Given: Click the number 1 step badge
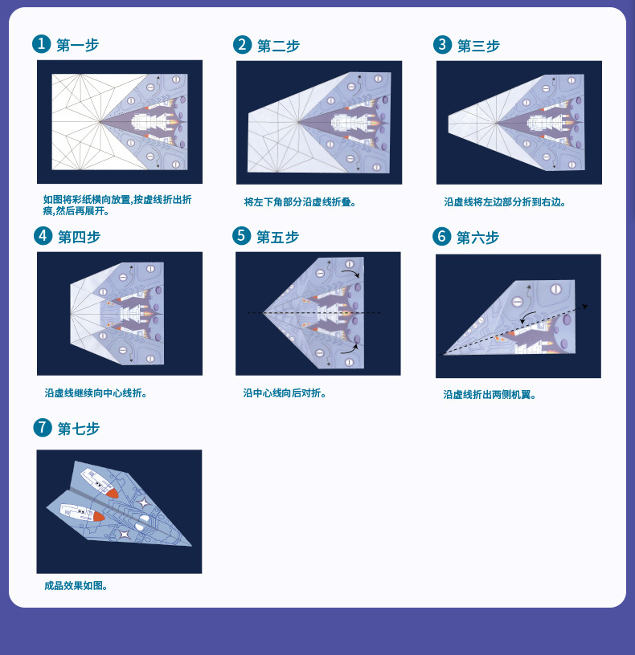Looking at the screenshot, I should click(42, 44).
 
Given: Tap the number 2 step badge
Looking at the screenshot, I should click(242, 45).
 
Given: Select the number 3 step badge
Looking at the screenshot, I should click(442, 45).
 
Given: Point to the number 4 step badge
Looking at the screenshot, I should click(43, 235).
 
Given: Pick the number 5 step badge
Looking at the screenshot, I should click(242, 235).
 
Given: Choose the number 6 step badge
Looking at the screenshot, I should click(442, 236).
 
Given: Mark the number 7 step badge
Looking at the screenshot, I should click(43, 428).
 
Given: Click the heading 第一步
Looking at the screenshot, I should click(78, 45).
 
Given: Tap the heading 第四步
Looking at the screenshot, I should click(79, 237).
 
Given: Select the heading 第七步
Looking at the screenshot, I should click(79, 429).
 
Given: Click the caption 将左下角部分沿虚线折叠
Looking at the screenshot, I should click(300, 202).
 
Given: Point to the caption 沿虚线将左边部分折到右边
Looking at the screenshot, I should click(505, 202).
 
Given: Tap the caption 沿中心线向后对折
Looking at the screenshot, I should click(285, 393).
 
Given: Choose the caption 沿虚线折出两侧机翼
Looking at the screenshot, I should click(490, 394).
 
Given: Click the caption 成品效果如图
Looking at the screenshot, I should click(76, 585).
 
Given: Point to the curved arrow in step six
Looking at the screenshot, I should click(528, 319).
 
